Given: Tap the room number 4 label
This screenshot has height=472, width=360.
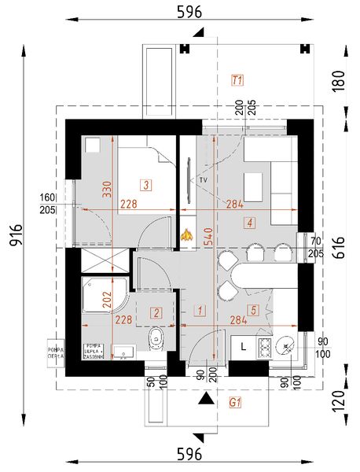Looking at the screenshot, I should [x=249, y=223].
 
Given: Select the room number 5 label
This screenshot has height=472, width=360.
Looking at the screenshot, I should [x=252, y=311].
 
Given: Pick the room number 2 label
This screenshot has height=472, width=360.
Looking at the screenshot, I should [x=156, y=313].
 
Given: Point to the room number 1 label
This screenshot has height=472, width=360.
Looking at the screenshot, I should [x=201, y=311].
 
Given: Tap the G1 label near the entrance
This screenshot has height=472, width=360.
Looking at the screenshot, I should [x=234, y=401].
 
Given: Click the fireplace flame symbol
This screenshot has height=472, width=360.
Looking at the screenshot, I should [x=187, y=234].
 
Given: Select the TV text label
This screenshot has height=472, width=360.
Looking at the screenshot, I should [x=203, y=180].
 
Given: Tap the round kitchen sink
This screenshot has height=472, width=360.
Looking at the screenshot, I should [x=285, y=344].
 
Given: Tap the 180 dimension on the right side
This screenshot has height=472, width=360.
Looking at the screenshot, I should [x=339, y=81].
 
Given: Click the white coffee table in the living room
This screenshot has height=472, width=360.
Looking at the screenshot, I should [x=254, y=186].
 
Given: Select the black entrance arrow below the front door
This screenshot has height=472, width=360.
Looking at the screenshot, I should [x=206, y=400].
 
